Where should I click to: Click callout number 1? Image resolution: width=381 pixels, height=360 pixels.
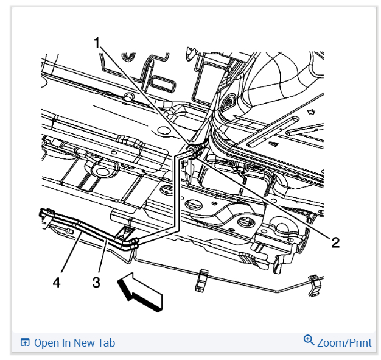coord(97,43)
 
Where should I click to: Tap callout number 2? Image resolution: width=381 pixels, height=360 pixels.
coord(334,242)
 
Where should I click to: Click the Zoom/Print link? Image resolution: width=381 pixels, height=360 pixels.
coord(344,342)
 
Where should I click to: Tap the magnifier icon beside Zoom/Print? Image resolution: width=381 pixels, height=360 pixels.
coord(309,341)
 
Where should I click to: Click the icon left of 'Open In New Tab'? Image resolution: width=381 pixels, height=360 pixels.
coord(25,342)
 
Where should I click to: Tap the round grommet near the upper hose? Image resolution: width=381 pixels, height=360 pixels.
coord(230,102)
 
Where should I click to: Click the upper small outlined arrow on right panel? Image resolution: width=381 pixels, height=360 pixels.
coord(313,112)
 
